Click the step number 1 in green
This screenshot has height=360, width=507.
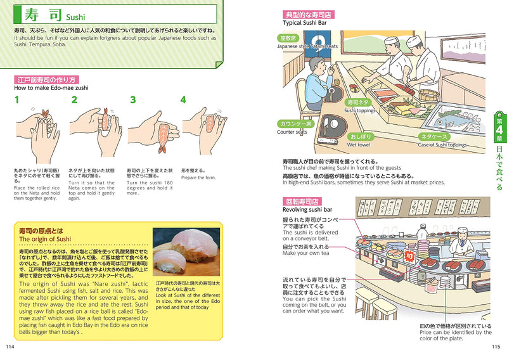click(16, 100)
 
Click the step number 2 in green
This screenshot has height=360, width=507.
click(74, 100)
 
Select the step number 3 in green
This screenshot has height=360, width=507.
click(133, 100)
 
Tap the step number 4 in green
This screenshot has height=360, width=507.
click(183, 100)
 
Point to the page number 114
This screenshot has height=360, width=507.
click(10, 346)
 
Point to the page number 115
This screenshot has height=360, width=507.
click(496, 346)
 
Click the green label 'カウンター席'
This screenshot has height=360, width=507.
click(295, 124)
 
